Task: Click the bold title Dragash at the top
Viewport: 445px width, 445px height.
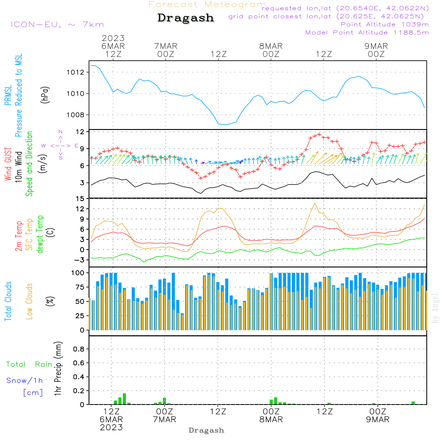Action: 186,18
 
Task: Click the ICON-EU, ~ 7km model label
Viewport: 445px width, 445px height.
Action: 57,24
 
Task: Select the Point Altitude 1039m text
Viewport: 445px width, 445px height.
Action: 384,24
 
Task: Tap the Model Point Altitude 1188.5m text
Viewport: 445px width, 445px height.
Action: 367,32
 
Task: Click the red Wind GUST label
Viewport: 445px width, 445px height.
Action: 8,165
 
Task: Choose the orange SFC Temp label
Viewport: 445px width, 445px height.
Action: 29,234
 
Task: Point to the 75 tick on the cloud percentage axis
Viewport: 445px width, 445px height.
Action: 79,287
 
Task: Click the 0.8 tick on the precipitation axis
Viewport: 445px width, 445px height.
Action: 78,349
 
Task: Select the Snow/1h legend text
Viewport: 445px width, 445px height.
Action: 24,380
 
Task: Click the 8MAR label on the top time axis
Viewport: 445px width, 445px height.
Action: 271,46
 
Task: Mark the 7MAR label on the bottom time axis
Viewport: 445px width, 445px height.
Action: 165,419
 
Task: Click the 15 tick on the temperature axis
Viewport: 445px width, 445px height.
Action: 80,198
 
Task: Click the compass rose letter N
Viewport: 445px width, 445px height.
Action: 61,132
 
